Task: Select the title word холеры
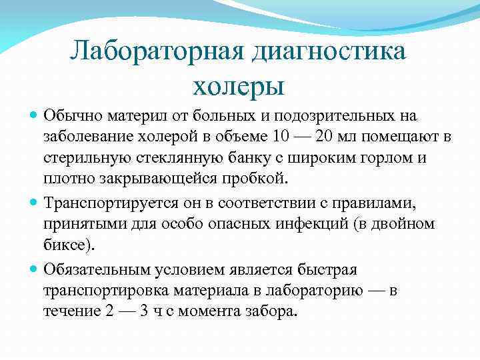[x=239, y=85]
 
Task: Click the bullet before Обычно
[x=34, y=116]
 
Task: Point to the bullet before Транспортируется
[x=34, y=201]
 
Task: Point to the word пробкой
[x=261, y=179]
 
